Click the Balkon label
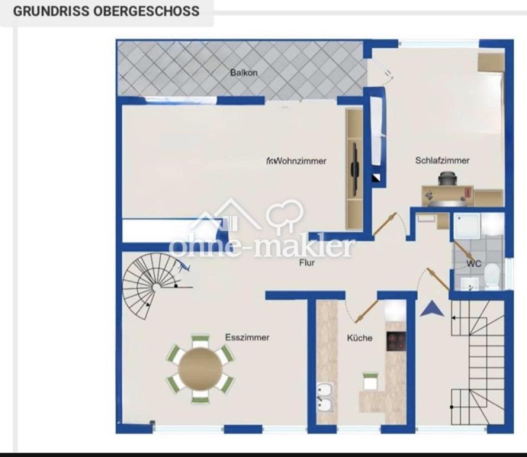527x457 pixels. (x=244, y=73)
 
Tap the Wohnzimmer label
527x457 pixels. (x=300, y=161)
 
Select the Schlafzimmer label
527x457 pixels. (x=443, y=160)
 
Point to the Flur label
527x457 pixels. (x=307, y=263)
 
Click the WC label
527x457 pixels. (x=474, y=264)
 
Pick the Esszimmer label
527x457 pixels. (x=247, y=337)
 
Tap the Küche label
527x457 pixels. (x=360, y=338)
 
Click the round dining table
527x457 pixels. (x=200, y=369)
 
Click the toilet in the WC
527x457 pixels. (x=492, y=276)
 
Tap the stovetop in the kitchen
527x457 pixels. (x=396, y=341)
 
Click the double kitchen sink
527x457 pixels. (x=325, y=398)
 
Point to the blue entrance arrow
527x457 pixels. (x=432, y=308)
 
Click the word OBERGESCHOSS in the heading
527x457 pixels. (x=146, y=11)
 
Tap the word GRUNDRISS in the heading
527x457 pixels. (x=51, y=11)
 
